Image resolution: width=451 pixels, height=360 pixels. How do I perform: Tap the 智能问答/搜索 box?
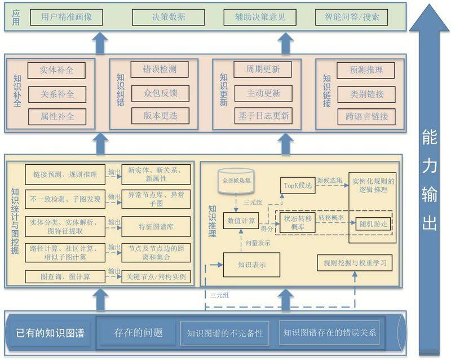point(348,17)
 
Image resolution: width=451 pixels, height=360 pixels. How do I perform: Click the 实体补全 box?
point(56,71)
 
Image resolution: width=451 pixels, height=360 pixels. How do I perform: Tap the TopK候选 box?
point(297,185)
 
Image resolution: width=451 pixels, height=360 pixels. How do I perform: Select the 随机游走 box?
point(373,223)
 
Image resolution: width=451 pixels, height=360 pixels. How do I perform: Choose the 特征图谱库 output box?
point(156,226)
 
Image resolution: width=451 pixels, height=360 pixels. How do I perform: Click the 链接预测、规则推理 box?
point(65,174)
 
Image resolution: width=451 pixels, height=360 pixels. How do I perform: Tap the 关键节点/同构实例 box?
point(156,277)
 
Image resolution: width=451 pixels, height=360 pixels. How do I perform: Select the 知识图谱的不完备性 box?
point(225,332)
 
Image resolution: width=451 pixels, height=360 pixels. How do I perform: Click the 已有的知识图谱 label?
point(50,333)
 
